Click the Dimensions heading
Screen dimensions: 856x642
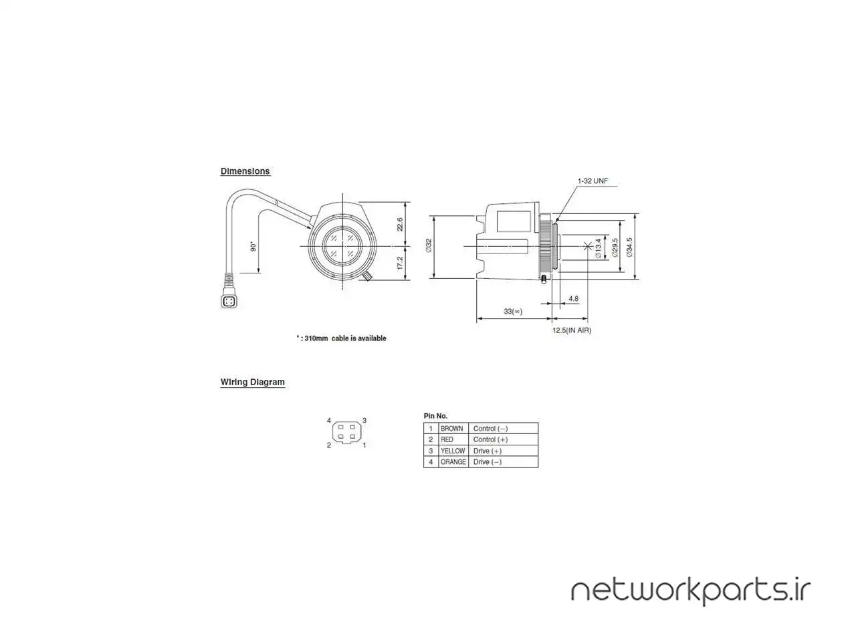(245, 171)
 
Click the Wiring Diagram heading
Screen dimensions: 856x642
(252, 382)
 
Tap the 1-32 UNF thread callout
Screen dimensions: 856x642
(593, 181)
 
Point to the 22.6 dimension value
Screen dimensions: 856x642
(399, 225)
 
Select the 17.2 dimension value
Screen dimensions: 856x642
(399, 263)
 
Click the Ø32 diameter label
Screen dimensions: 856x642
(429, 245)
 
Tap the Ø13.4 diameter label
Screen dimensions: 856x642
(598, 248)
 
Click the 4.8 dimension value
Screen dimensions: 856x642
(573, 298)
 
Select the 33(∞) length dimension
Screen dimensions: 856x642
(513, 311)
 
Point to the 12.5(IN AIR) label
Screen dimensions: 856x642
(572, 330)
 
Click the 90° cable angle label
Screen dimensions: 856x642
(253, 246)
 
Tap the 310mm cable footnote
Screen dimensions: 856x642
(341, 338)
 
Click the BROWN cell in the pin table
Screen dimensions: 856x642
(451, 429)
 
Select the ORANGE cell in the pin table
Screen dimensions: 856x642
(453, 462)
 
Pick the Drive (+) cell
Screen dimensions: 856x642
(488, 451)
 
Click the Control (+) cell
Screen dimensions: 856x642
(491, 439)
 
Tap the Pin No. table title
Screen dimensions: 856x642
(435, 416)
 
